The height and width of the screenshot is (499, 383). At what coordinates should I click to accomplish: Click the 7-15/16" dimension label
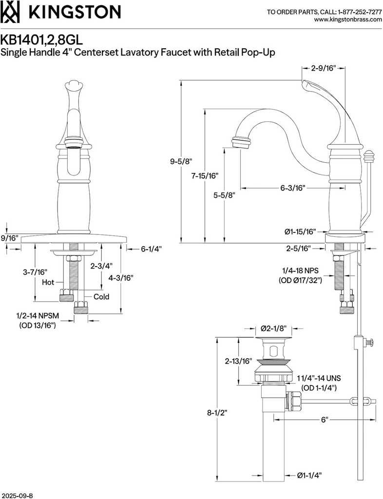click(204, 175)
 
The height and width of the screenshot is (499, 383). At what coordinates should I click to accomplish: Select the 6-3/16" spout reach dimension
click(293, 188)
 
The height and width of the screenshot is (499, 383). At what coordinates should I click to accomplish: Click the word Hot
click(48, 282)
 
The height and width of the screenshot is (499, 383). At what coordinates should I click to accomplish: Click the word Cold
click(101, 297)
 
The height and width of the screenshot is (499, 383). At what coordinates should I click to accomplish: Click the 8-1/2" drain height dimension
click(216, 412)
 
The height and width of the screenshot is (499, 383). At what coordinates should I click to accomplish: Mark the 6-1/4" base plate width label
click(151, 249)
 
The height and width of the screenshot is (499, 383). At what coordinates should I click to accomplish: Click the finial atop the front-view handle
click(73, 86)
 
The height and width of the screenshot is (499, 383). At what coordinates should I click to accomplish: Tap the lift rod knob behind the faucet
click(368, 157)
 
